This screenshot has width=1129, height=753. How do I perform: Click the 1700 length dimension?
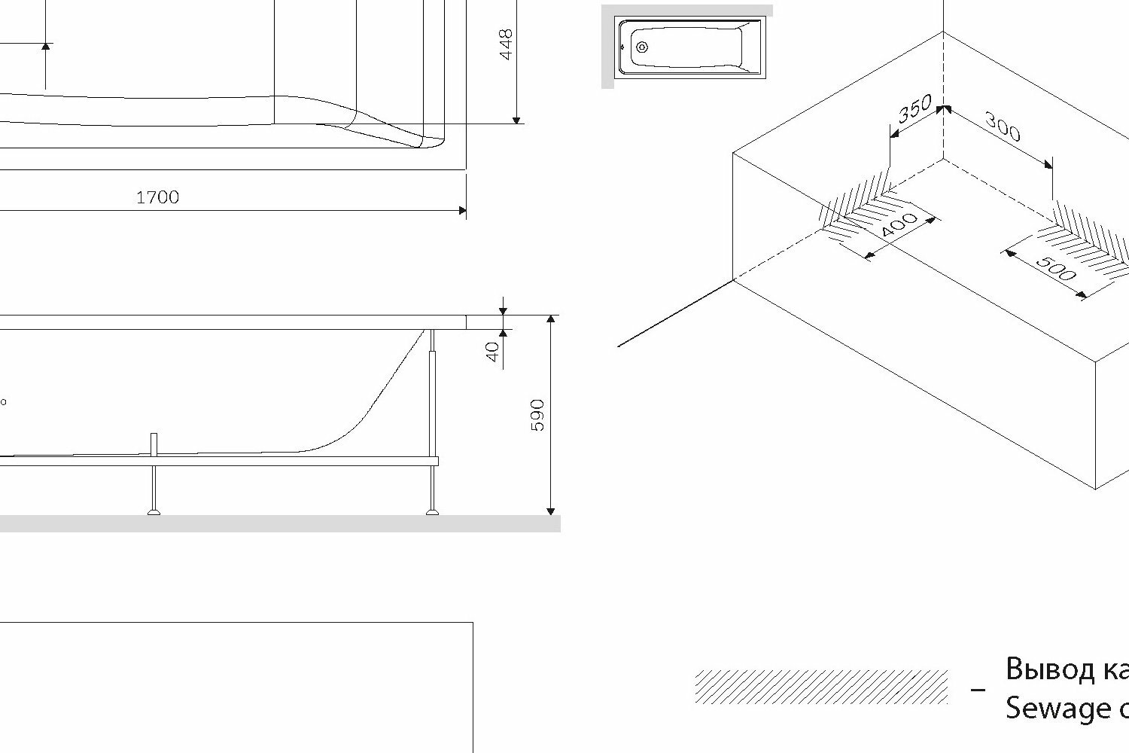(157, 197)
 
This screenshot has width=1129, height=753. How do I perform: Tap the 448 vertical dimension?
(506, 44)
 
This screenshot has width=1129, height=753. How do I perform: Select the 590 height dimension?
(537, 415)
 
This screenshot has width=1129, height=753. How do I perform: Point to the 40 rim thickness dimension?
(493, 352)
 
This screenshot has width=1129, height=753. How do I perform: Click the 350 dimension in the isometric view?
(915, 109)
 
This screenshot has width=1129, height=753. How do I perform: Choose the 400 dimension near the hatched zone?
(899, 226)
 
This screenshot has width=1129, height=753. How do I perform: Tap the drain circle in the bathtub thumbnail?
(642, 47)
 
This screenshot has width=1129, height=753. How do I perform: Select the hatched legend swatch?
(821, 686)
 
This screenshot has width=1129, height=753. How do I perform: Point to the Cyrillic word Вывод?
(1046, 669)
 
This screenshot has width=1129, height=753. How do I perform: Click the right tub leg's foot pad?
(433, 512)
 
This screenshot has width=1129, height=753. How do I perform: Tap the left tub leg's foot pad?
(154, 512)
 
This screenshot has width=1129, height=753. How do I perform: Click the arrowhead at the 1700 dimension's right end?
(461, 210)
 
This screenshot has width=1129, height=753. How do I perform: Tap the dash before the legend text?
(978, 689)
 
